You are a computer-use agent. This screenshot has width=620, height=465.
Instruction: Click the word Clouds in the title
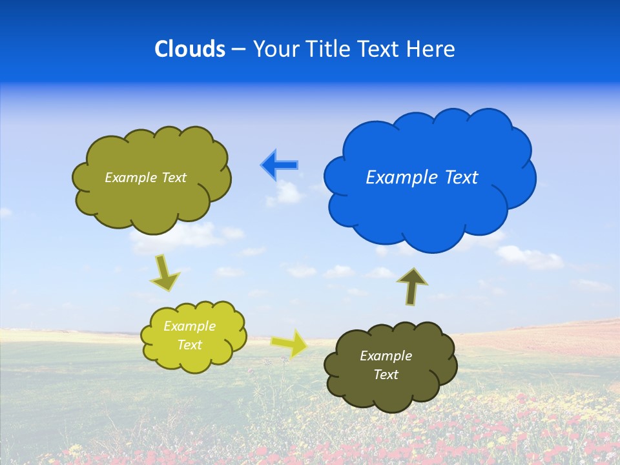click(x=190, y=49)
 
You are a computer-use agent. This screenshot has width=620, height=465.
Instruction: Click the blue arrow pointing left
click(x=280, y=165)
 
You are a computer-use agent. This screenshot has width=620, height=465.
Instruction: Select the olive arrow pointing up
click(x=411, y=286)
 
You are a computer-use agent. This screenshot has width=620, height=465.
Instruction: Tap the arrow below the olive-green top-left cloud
click(x=165, y=273)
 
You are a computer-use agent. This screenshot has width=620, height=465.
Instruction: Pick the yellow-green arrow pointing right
click(x=290, y=343)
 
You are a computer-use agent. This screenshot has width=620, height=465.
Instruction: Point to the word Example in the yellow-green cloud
click(x=189, y=326)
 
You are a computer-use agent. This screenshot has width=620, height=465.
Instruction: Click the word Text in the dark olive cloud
click(x=386, y=375)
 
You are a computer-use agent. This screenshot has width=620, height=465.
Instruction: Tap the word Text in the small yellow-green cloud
click(x=189, y=345)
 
